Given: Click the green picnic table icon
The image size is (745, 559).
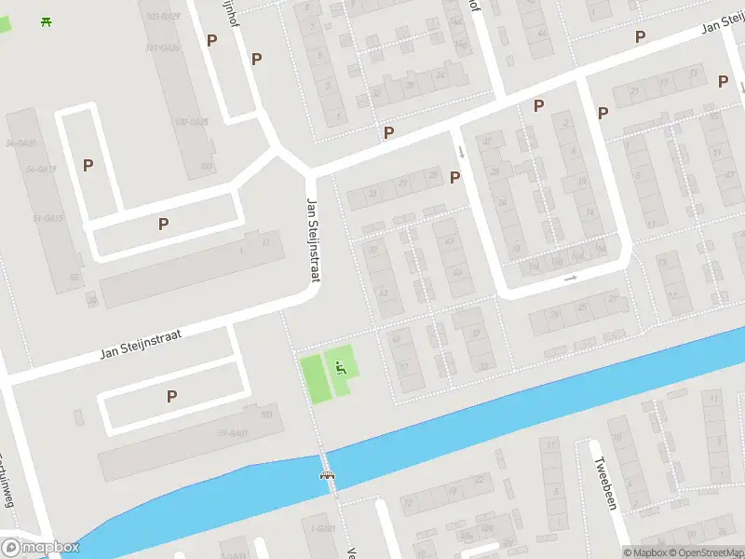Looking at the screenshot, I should pyautogui.click(x=46, y=21).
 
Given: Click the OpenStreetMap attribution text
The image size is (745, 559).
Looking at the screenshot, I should pyautogui.click(x=705, y=552).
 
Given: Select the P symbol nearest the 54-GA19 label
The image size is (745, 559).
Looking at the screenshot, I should pyautogui.click(x=88, y=165).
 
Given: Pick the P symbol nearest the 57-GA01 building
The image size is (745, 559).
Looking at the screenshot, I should pyautogui.click(x=171, y=396).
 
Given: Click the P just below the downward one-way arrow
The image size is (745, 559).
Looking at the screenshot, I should pyautogui.click(x=455, y=177).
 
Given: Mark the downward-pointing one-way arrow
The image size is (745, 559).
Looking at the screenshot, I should pyautogui.click(x=460, y=151).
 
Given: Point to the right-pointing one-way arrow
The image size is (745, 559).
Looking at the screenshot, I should pyautogui.click(x=570, y=278).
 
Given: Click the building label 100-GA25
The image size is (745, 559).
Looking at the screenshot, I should pyautogui.click(x=190, y=122).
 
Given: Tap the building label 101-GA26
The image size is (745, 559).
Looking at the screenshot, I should pyautogui.click(x=163, y=48).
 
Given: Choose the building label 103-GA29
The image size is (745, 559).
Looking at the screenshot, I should pyautogui.click(x=163, y=17).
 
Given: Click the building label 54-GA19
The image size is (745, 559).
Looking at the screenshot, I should pyautogui.click(x=42, y=169).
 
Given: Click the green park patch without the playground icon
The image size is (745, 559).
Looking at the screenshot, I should pyautogui.click(x=311, y=380).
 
